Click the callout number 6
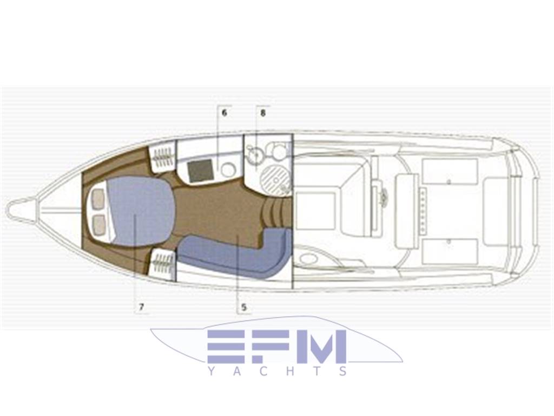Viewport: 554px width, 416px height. tap(224, 113)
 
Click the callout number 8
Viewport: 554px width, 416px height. tap(262, 113)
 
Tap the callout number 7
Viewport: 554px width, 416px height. tap(141, 307)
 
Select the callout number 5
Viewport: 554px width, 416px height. tap(244, 307)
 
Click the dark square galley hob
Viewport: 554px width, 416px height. tap(200, 171)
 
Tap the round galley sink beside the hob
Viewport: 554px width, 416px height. tap(228, 170)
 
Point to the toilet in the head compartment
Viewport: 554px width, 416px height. tap(278, 149)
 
